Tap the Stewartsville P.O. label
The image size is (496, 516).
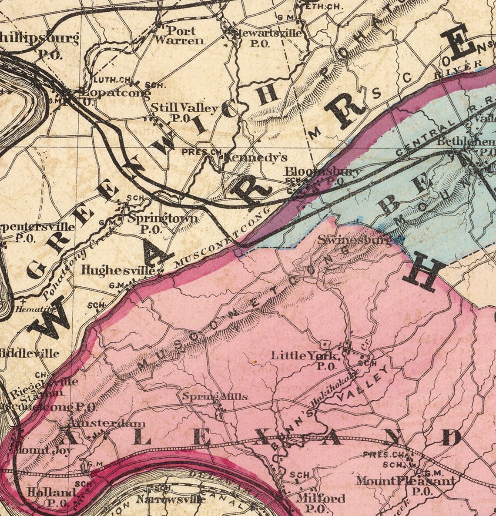[x=266, y=37]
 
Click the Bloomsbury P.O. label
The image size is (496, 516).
[x=323, y=175]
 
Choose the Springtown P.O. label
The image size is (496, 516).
[x=162, y=222]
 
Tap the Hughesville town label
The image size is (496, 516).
[x=118, y=270]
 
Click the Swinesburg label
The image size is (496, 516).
[x=354, y=240]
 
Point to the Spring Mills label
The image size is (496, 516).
[x=214, y=396]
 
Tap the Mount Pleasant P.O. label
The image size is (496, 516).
[x=405, y=485]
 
